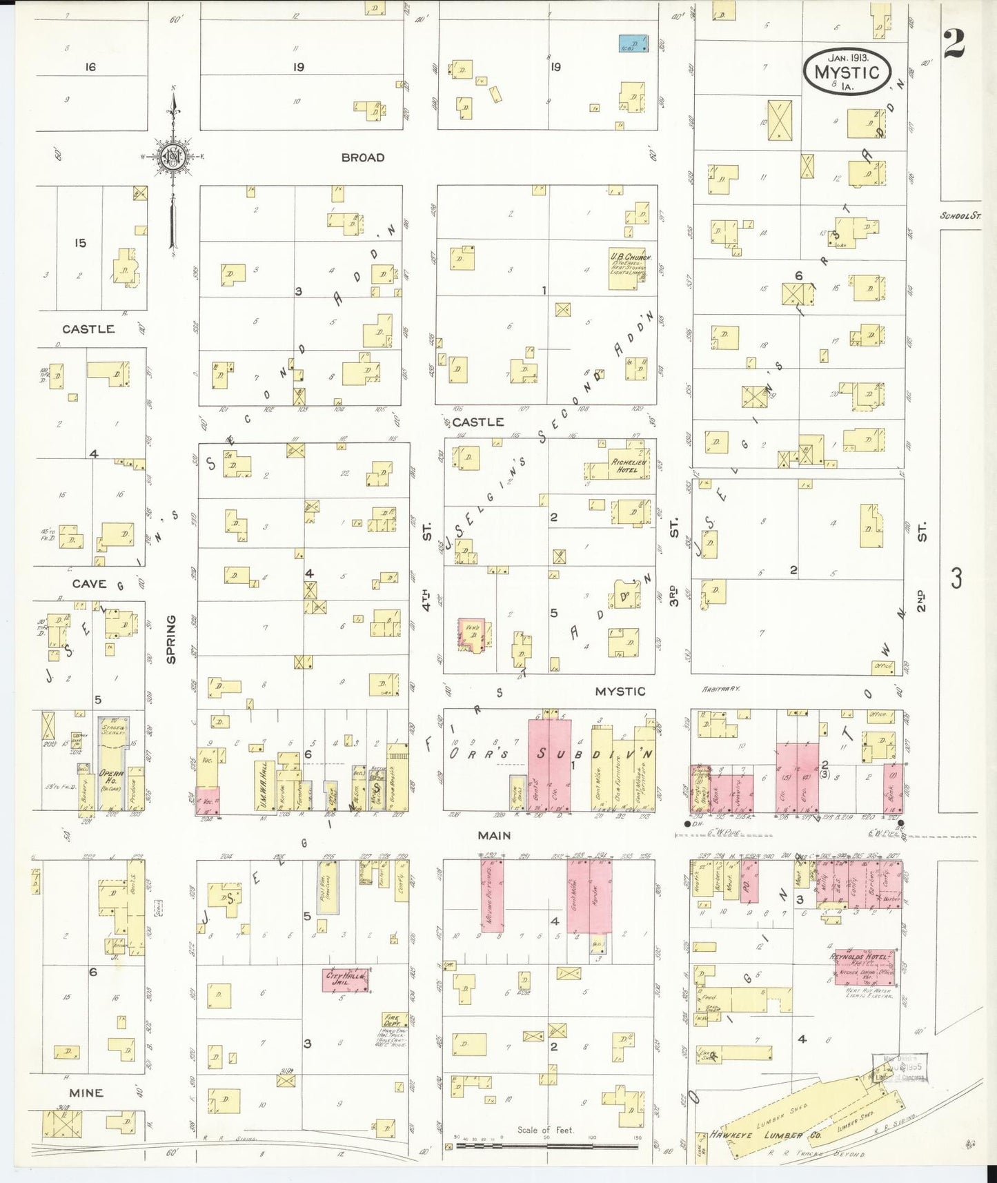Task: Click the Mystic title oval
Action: (847, 71)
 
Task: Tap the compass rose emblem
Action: (172, 157)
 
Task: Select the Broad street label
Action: (362, 157)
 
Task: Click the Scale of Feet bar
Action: (545, 1146)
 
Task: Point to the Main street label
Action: (495, 835)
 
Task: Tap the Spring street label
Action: (171, 639)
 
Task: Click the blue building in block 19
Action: (633, 43)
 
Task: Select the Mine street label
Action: (86, 1093)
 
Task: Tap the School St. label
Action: (960, 216)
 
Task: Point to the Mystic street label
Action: (620, 691)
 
